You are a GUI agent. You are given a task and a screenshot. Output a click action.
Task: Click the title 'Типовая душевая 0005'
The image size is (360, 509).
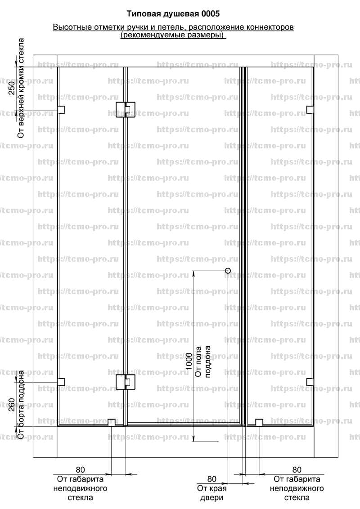click(x=173, y=13)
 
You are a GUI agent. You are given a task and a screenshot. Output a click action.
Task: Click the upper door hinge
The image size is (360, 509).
click(x=126, y=110)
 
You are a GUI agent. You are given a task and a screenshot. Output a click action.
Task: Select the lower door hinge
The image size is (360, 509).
click(x=126, y=382)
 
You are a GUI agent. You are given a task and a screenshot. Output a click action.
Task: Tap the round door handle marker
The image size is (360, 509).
click(x=228, y=270)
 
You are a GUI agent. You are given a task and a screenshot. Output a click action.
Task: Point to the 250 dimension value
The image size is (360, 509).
click(x=12, y=88)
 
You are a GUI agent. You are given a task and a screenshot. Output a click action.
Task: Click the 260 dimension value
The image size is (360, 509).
click(x=12, y=405)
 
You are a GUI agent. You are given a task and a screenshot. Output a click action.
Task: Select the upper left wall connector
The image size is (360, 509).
click(x=61, y=110)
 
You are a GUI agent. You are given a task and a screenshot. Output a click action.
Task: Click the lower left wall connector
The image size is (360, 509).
click(x=61, y=382)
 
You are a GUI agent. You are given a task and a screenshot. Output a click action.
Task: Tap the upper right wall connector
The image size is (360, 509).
click(x=310, y=110)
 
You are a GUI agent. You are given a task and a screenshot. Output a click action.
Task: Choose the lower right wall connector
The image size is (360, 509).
click(x=310, y=382)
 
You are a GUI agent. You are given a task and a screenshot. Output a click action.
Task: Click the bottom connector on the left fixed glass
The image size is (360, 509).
click(x=112, y=423)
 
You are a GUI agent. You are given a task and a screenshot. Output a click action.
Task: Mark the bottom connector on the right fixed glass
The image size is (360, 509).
click(x=259, y=423)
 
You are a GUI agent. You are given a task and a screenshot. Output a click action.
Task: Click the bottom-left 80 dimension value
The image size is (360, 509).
click(x=80, y=470)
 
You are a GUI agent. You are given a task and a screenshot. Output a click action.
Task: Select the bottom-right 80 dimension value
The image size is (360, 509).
click(x=297, y=470)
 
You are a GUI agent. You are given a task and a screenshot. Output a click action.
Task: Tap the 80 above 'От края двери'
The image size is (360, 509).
click(x=212, y=479)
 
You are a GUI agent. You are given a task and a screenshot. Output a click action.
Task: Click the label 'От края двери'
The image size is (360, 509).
click(x=212, y=493)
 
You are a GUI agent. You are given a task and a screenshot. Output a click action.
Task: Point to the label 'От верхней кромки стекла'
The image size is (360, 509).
click(x=21, y=88)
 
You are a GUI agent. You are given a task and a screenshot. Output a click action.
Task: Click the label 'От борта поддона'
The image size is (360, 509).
click(x=21, y=405)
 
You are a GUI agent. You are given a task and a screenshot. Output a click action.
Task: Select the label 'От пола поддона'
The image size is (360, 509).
click(x=203, y=362)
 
